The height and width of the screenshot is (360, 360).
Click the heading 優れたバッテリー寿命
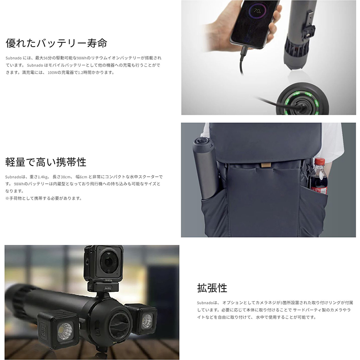click(57, 43)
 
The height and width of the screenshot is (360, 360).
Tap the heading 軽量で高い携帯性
click(46, 162)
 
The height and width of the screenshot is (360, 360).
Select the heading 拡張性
click(212, 288)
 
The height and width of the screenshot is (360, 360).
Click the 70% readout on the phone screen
click(257, 11)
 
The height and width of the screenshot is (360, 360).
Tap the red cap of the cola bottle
click(319, 161)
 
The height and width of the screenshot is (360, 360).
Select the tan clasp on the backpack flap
click(265, 166)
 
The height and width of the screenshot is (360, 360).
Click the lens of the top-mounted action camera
click(108, 262)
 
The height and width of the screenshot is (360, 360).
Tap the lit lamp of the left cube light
click(65, 331)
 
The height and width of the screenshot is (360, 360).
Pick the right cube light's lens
click(147, 321)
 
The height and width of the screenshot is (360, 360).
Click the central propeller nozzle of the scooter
click(120, 324)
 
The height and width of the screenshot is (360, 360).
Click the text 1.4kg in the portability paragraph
click(43, 177)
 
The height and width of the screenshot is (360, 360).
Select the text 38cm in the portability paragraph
click(65, 177)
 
